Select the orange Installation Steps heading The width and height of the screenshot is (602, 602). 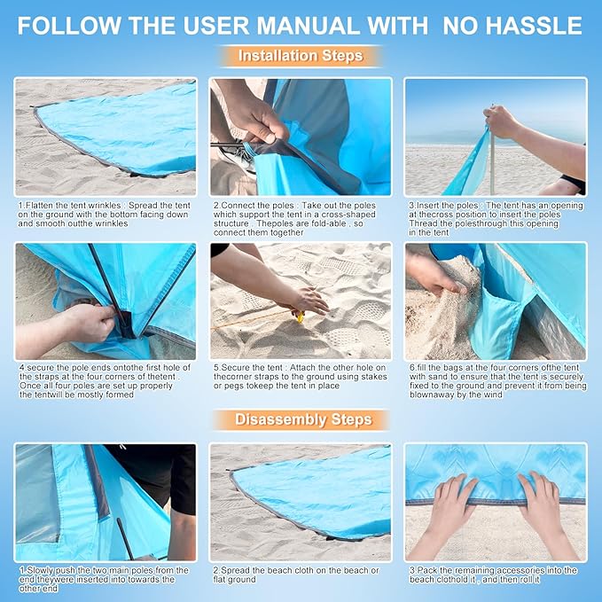[x=301, y=56]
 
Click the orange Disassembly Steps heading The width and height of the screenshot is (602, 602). [x=301, y=419]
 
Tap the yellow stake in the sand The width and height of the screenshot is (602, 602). [x=300, y=316]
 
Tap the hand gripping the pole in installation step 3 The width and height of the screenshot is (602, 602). [x=502, y=121]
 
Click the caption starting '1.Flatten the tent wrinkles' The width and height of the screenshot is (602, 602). [x=105, y=215]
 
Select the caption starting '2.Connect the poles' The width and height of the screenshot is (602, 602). [x=300, y=218]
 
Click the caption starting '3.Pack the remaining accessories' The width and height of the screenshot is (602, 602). [x=495, y=575]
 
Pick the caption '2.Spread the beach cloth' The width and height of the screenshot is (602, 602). [x=296, y=575]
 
